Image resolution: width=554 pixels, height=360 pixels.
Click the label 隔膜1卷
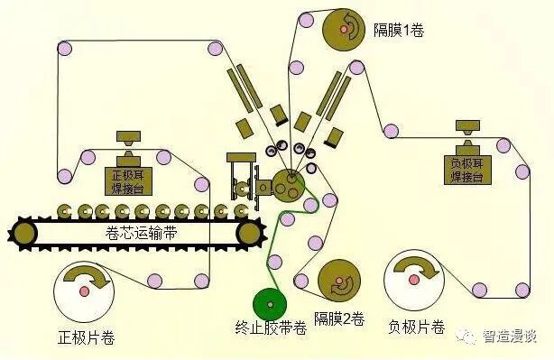pyautogui.click(x=398, y=30)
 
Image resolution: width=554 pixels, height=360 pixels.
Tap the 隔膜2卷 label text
pyautogui.click(x=339, y=318)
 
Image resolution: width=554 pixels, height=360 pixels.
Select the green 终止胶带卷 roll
pyautogui.click(x=272, y=304)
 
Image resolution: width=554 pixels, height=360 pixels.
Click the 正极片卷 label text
pyautogui.click(x=87, y=339)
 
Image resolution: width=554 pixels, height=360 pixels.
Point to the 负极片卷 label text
pyautogui.click(x=416, y=325)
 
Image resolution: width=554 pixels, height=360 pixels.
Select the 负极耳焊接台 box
pyautogui.click(x=468, y=169)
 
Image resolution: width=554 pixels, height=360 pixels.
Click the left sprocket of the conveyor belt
pyautogui.click(x=24, y=234)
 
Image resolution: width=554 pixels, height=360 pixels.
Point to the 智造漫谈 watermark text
pyautogui.click(x=509, y=336)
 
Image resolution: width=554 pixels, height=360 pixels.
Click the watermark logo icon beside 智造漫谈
pyautogui.click(x=468, y=336)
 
